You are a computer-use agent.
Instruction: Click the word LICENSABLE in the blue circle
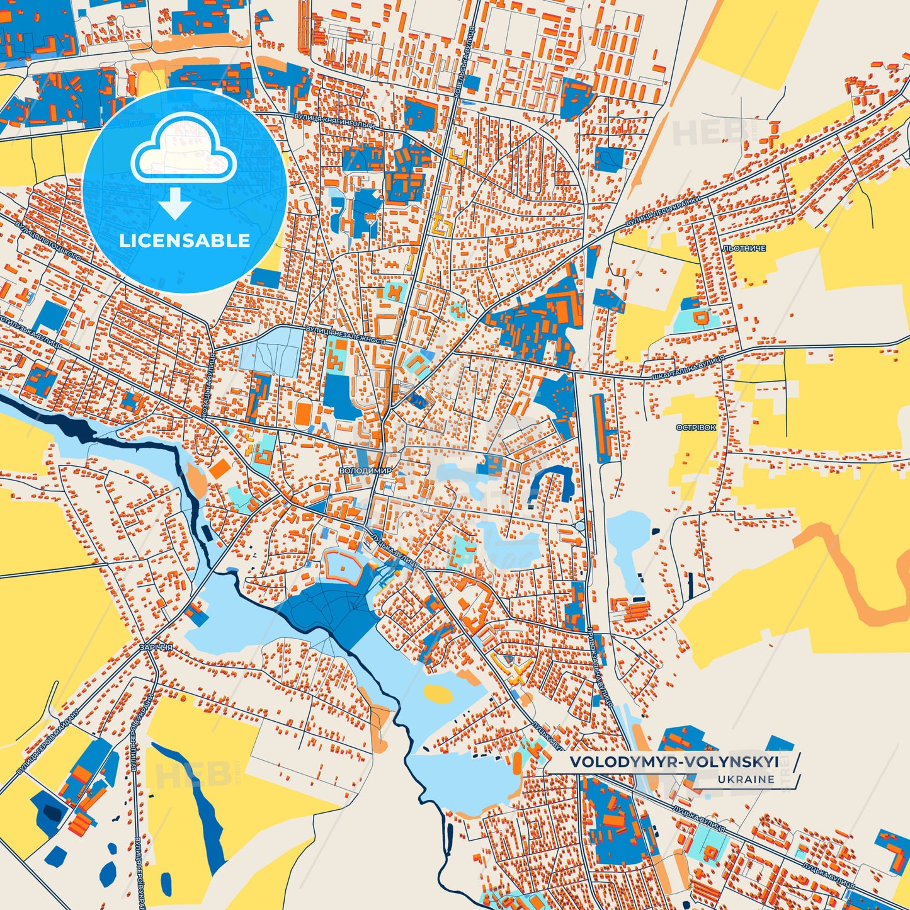coord(185,241)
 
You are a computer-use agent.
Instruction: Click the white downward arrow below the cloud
coord(175,204)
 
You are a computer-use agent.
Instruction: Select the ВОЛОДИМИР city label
coord(365,470)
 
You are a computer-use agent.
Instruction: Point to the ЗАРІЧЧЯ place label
coord(156,647)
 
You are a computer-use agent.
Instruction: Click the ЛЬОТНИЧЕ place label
coord(744,249)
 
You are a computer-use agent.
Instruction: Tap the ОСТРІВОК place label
coord(696,428)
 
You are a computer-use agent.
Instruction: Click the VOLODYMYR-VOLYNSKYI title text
coord(674,762)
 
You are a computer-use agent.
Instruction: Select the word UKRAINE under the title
coord(746,779)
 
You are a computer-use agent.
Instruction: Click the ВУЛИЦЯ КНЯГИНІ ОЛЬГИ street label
coord(334,122)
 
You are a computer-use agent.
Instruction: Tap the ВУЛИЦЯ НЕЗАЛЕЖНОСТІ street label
coord(345,334)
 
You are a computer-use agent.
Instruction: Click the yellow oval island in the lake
coord(438,693)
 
